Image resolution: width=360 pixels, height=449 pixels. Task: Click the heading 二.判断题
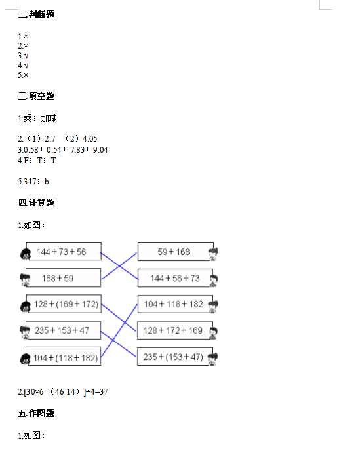pyautogui.click(x=36, y=14)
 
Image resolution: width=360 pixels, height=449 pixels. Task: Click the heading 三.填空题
pyautogui.click(x=36, y=96)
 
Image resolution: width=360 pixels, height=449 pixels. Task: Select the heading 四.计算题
pyautogui.click(x=36, y=203)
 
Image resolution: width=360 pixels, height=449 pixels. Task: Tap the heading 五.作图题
pyautogui.click(x=36, y=413)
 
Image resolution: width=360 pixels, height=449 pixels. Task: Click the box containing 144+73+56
pyautogui.click(x=64, y=251)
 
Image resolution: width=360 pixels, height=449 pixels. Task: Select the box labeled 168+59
pyautogui.click(x=64, y=277)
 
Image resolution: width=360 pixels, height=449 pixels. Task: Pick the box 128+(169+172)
pyautogui.click(x=64, y=304)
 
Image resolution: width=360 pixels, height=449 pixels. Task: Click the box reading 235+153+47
pyautogui.click(x=64, y=330)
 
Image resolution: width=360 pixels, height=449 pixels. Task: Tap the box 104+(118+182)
pyautogui.click(x=64, y=356)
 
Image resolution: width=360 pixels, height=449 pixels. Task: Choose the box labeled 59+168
pyautogui.click(x=176, y=252)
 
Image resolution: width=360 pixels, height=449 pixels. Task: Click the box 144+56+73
pyautogui.click(x=175, y=278)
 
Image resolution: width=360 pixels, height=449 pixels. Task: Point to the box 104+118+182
pyautogui.click(x=175, y=304)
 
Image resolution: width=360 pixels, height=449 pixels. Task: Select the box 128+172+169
pyautogui.click(x=175, y=330)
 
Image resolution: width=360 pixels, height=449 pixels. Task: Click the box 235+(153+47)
pyautogui.click(x=175, y=357)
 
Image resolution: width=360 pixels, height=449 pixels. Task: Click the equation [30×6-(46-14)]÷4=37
pyautogui.click(x=63, y=392)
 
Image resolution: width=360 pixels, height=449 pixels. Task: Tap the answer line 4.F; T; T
pyautogui.click(x=37, y=161)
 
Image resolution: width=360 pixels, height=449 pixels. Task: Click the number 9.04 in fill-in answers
pyautogui.click(x=100, y=149)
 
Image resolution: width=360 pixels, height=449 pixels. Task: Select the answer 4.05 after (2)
pyautogui.click(x=90, y=138)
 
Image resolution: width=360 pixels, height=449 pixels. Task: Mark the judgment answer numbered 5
pyautogui.click(x=23, y=75)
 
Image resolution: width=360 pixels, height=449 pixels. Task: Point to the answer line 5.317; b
pyautogui.click(x=33, y=182)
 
